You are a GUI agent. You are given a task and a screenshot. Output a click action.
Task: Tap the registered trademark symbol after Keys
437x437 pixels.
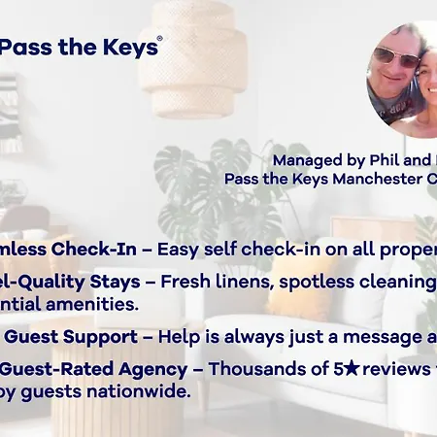point(159,39)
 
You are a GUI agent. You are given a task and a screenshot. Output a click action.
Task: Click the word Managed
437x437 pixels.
point(303,160)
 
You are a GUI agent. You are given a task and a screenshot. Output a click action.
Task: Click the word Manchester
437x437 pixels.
point(364,179)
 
